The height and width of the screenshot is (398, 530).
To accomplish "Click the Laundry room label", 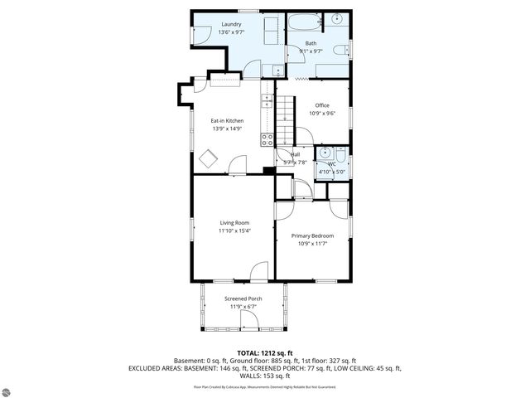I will click(231, 25).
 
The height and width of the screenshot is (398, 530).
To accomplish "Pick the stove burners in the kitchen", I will click(267, 139).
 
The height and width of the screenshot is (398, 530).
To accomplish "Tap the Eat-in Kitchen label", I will click(228, 121).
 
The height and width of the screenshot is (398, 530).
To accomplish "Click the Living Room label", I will click(234, 222).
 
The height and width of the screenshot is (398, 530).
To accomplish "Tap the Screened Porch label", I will click(243, 298).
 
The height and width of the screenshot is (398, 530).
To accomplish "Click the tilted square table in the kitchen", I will click(208, 158).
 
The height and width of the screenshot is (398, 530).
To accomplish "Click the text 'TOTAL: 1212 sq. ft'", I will click(264, 353).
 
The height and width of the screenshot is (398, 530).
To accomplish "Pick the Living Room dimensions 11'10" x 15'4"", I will click(234, 231).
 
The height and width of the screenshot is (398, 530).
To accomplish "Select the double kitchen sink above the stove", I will click(267, 102).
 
